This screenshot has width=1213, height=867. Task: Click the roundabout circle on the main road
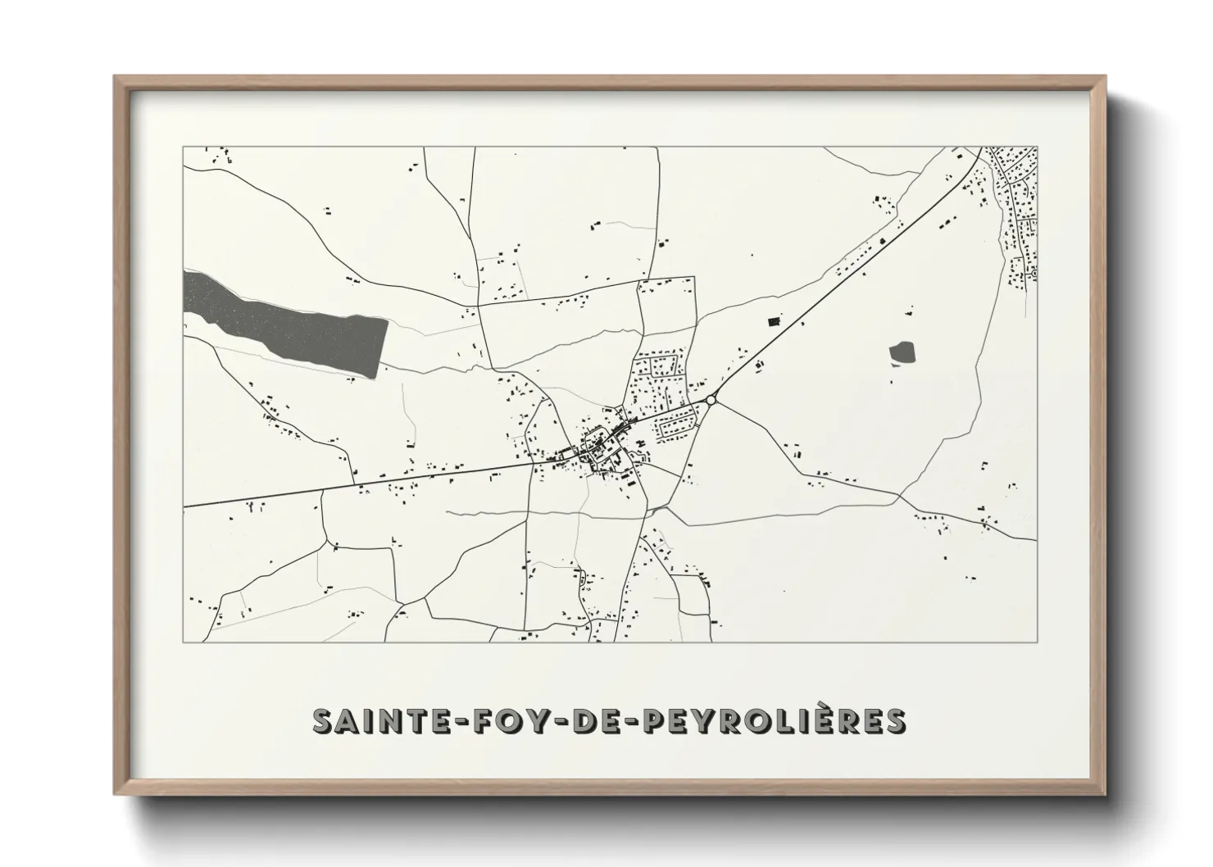[711, 399]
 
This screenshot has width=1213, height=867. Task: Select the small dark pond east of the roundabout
[902, 353]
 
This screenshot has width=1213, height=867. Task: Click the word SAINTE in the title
[371, 720]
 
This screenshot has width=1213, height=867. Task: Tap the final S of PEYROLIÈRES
[895, 720]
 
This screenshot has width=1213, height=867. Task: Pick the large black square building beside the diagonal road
[773, 320]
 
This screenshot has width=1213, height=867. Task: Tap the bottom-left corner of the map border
[183, 642]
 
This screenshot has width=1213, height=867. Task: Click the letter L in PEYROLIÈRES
[791, 720]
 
